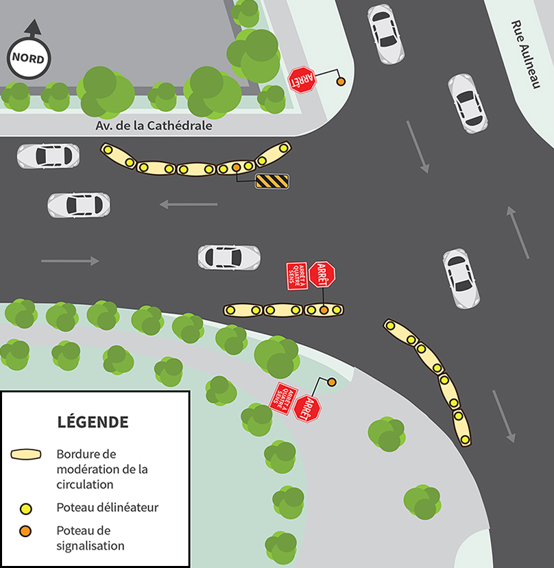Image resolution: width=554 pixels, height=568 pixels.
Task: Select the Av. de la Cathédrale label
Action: click(154, 126)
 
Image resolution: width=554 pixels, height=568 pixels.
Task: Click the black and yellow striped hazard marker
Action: click(272, 181)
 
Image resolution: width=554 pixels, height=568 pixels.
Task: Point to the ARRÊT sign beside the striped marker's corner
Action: click(301, 79)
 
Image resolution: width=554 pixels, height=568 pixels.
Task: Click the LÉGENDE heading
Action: click(93, 421)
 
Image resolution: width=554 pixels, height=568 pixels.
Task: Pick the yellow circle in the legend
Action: click(26, 508)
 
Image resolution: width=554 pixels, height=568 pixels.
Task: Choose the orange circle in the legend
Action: click(26, 531)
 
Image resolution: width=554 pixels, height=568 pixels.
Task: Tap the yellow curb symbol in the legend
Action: click(27, 455)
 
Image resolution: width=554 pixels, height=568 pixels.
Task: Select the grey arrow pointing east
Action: click(70, 260)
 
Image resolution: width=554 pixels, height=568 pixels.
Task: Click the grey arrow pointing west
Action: click(188, 204)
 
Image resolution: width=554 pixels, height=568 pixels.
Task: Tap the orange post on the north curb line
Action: click(236, 167)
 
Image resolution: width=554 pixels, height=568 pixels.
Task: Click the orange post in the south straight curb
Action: click(324, 310)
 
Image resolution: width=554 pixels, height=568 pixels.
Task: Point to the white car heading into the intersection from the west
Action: click(229, 257)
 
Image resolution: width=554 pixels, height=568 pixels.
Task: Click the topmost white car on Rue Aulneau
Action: click(385, 34)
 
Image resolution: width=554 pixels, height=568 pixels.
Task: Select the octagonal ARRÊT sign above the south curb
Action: click(322, 274)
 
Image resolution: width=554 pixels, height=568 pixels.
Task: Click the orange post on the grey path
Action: click(331, 382)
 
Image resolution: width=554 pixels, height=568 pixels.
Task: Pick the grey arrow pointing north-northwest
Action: click(518, 232)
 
